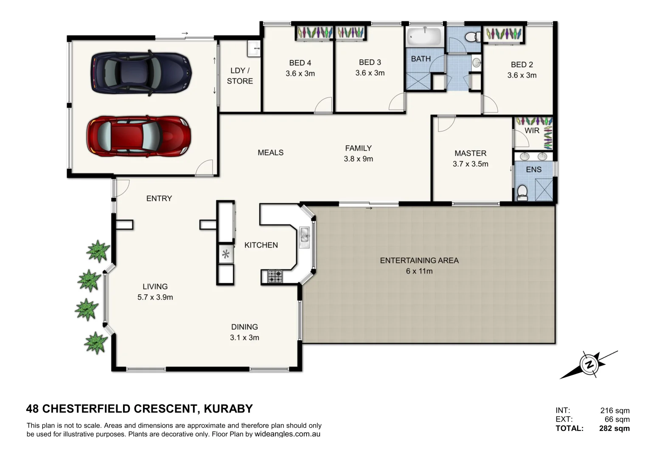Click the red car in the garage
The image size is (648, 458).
pyautogui.click(x=139, y=137)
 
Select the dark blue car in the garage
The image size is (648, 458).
pyautogui.click(x=141, y=73)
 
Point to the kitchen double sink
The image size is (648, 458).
pyautogui.click(x=304, y=235)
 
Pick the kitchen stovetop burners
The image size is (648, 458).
pyautogui.click(x=275, y=276)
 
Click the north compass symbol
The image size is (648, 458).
pyautogui.click(x=589, y=364)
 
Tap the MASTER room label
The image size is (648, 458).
pyautogui.click(x=470, y=153)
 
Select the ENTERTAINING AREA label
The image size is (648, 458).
pyautogui.click(x=419, y=260)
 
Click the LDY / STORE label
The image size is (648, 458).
pyautogui.click(x=240, y=75)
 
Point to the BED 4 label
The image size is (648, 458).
pyautogui.click(x=300, y=63)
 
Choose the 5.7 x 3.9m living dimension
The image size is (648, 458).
pyautogui.click(x=155, y=297)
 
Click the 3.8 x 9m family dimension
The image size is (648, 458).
pyautogui.click(x=358, y=159)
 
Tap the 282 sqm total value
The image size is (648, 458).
pyautogui.click(x=614, y=428)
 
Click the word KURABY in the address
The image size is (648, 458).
pyautogui.click(x=228, y=409)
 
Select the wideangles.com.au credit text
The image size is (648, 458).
pyautogui.click(x=287, y=434)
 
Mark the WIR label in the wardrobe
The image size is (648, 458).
pyautogui.click(x=532, y=131)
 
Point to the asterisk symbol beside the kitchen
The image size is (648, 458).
pyautogui.click(x=226, y=254)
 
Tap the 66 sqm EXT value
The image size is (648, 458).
pyautogui.click(x=617, y=419)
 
